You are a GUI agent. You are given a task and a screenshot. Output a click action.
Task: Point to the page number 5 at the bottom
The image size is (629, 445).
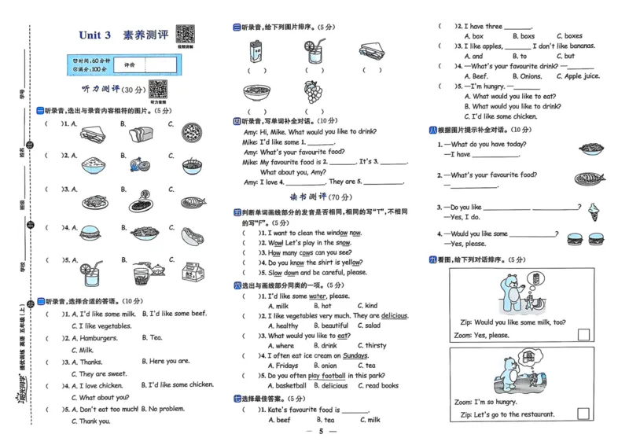point(321,432)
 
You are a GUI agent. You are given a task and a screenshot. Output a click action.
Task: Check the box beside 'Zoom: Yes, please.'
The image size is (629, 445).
point(583,335)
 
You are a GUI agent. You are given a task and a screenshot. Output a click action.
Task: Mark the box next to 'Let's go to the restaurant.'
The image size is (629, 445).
point(583,414)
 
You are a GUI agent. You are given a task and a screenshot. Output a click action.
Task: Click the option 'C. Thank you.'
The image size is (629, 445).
point(90,421)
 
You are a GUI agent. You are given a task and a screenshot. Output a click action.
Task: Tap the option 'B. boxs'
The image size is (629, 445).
point(523,36)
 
